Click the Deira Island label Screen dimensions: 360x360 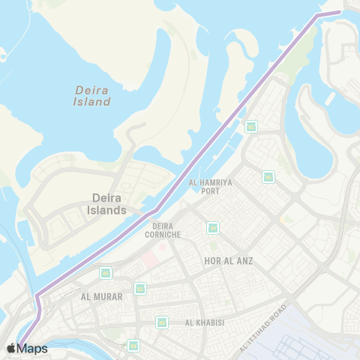[x=93, y=95]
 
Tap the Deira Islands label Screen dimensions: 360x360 [x=109, y=204]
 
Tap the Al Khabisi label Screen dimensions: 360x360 [x=205, y=322]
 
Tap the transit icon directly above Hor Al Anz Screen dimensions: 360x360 [x=213, y=227]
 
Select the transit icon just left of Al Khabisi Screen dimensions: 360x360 [x=161, y=322]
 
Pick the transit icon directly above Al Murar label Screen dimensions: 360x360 [x=105, y=273]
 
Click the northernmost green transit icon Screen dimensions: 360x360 [x=251, y=126]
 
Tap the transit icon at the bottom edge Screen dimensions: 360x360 [x=133, y=346]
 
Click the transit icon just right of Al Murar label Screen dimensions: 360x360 [x=139, y=288]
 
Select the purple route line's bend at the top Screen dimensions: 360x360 [x=318, y=15]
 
